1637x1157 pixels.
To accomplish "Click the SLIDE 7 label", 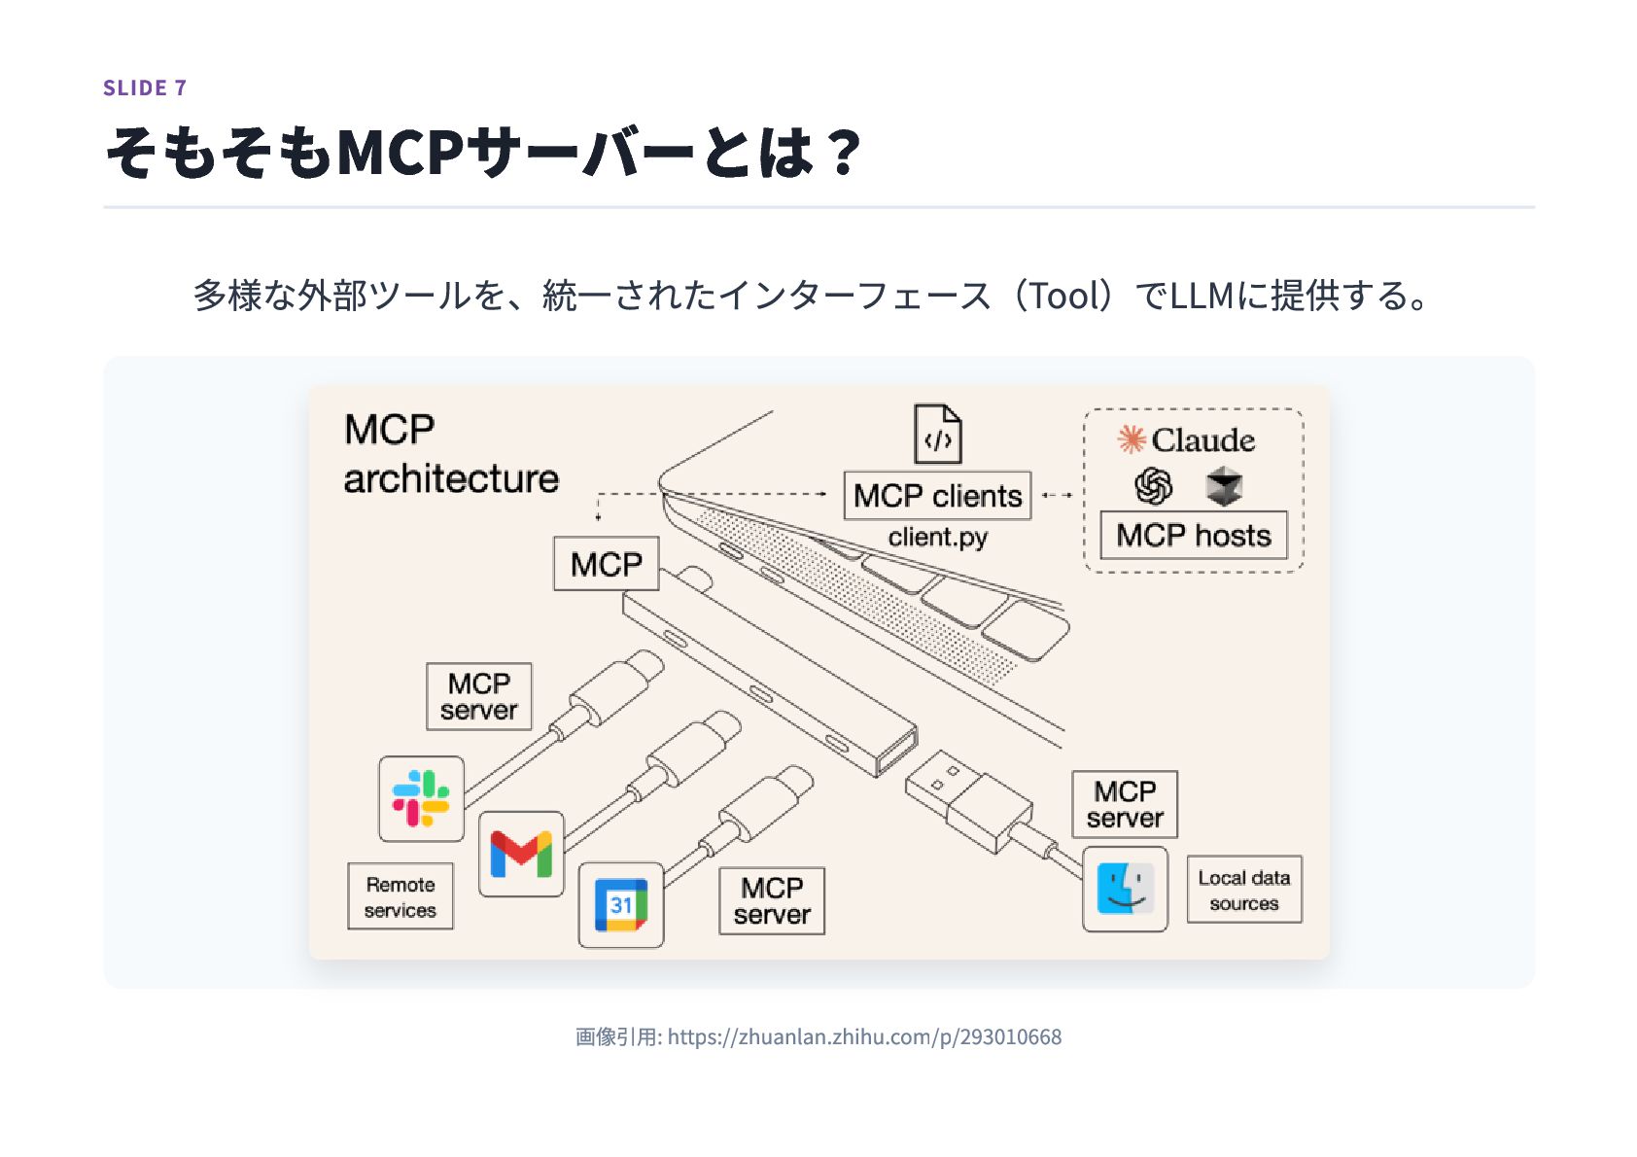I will [145, 88].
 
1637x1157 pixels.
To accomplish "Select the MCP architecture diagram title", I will [451, 454].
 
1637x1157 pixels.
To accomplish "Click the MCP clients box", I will [937, 496].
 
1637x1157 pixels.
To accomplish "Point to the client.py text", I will [937, 538].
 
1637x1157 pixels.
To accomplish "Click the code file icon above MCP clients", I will [937, 435].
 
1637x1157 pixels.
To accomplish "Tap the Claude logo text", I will [1202, 440].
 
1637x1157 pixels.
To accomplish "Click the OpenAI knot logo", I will [1154, 486].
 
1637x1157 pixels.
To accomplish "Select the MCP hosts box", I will [1193, 536].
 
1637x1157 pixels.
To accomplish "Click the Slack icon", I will [421, 798].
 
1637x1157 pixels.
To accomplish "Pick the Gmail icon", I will [521, 854].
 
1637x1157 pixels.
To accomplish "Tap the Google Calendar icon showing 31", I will [621, 905].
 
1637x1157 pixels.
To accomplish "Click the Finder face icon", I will [1125, 889].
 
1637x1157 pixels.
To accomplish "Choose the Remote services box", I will [401, 896].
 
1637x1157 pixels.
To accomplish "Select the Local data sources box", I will [1243, 890].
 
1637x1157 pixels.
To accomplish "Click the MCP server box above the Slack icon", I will [478, 696].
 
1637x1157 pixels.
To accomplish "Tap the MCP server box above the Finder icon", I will [1124, 804].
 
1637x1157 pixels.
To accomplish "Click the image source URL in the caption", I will [864, 1037].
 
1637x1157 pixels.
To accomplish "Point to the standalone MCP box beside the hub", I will [606, 564].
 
